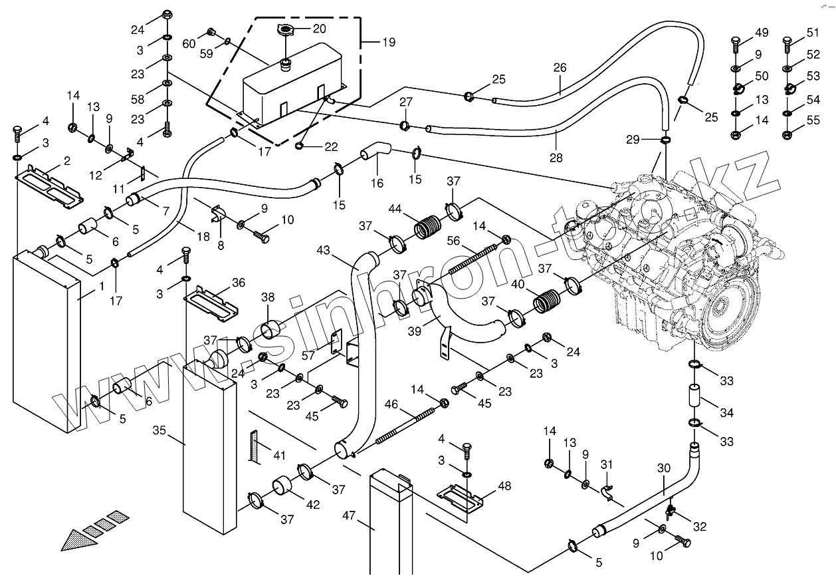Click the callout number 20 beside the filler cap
[320, 29]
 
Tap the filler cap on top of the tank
[285, 30]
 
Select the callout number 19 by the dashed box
[388, 42]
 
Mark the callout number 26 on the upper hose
[560, 67]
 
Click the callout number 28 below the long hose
[556, 158]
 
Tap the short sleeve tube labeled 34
[696, 397]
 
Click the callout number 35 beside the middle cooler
[159, 430]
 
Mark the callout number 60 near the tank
[189, 43]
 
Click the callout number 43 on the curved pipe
[324, 251]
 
